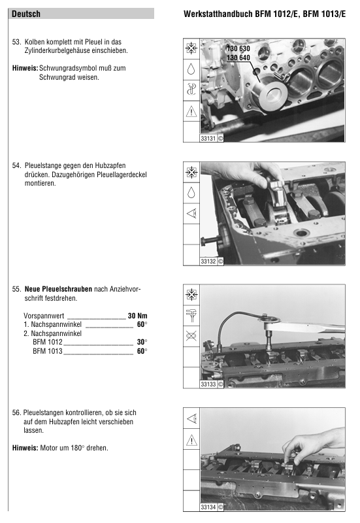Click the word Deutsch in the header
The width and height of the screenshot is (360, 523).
pos(26,14)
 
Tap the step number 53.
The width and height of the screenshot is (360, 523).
pos(16,42)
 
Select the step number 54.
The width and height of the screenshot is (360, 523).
pos(16,165)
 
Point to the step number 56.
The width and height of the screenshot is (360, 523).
pos(16,413)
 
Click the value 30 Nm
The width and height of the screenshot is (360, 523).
pos(137,316)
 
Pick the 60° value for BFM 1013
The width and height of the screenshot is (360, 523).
pos(142,351)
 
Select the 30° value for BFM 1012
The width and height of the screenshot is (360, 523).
pos(142,342)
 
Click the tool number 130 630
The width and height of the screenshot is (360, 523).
pos(238,48)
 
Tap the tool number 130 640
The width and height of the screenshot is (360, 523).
pos(238,58)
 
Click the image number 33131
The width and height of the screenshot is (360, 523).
pos(208,138)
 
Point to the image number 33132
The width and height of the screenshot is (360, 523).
pos(208,261)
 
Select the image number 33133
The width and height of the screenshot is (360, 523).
pos(208,384)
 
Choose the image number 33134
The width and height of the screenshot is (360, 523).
pos(208,507)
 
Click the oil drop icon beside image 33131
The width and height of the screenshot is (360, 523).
pos(191,69)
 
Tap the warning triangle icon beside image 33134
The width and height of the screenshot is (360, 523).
pos(191,440)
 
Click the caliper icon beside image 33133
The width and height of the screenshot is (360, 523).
pos(191,315)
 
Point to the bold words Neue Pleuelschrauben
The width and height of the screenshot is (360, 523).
pos(58,289)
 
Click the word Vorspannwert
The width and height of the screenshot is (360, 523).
pos(44,316)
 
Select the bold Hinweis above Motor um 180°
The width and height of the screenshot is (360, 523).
pos(25,448)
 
